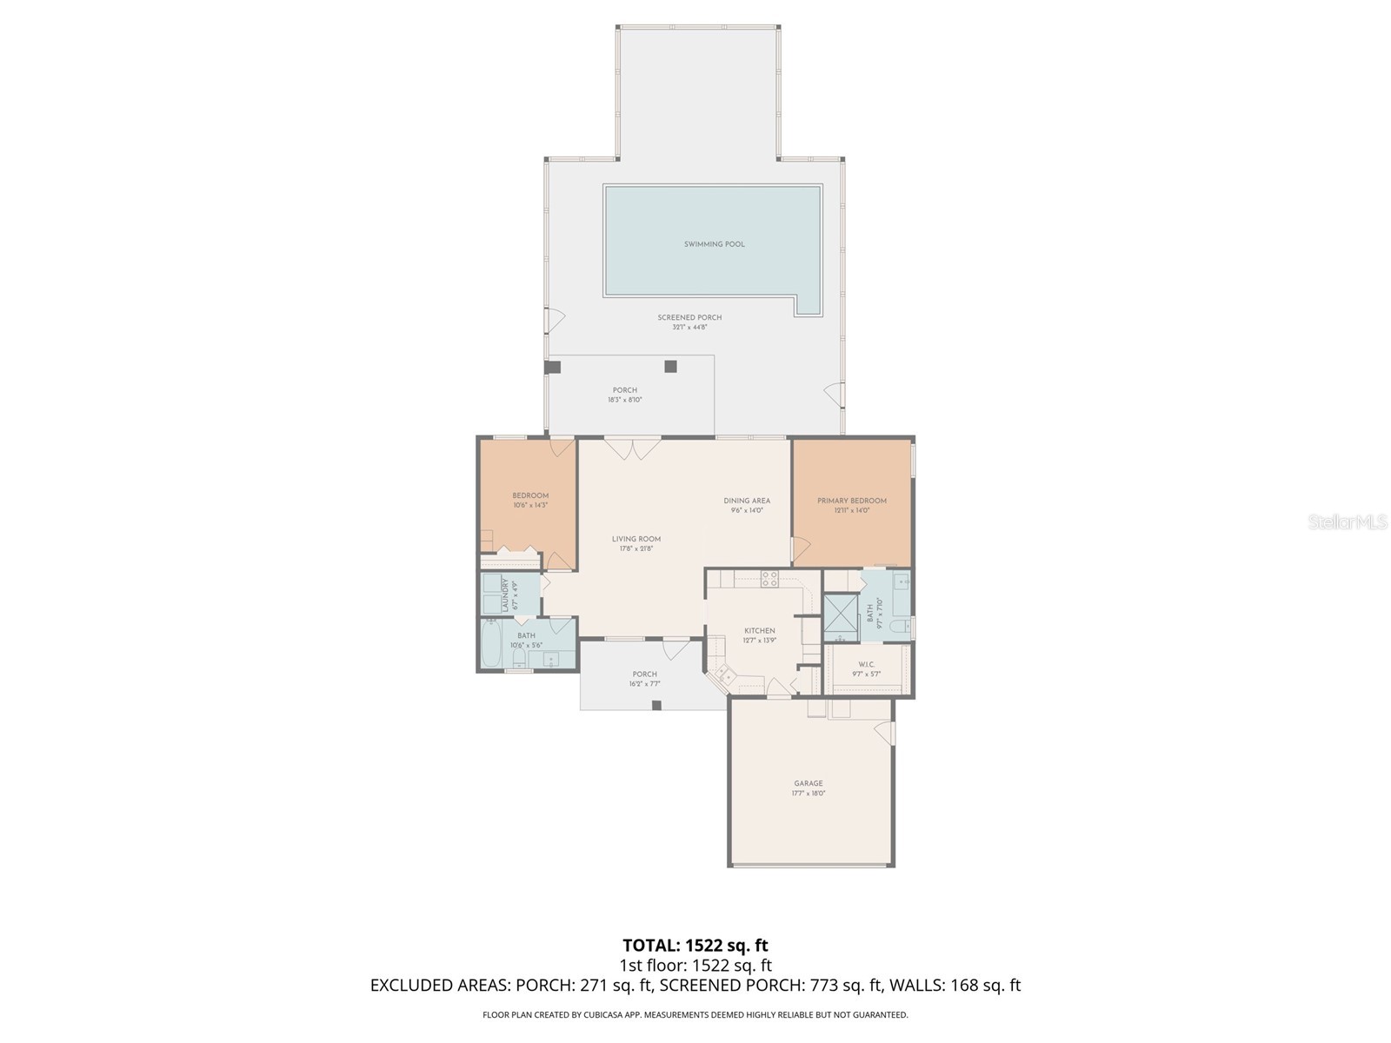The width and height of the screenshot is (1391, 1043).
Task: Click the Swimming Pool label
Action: pyautogui.click(x=714, y=244)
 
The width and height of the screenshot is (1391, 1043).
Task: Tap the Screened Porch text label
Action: pyautogui.click(x=689, y=318)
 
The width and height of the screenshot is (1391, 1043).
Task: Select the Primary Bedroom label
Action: pyautogui.click(x=852, y=501)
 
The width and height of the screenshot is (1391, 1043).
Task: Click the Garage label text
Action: pyautogui.click(x=808, y=783)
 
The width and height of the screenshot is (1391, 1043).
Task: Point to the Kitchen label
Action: pyautogui.click(x=759, y=631)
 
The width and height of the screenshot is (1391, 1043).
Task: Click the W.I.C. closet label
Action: pyautogui.click(x=866, y=665)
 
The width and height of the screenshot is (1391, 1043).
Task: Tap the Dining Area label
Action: pyautogui.click(x=747, y=501)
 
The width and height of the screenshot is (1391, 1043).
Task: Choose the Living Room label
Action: pyautogui.click(x=636, y=539)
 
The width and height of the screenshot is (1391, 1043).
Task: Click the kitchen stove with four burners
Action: pyautogui.click(x=769, y=578)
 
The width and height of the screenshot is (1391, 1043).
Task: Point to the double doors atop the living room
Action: pyautogui.click(x=633, y=448)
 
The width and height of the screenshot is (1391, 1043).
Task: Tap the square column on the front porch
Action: pyautogui.click(x=656, y=705)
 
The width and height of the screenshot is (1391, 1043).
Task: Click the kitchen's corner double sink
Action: pyautogui.click(x=723, y=673)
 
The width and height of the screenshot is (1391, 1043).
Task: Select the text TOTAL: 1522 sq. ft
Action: pyautogui.click(x=695, y=945)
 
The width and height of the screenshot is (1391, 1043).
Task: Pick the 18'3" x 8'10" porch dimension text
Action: pyautogui.click(x=624, y=400)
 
